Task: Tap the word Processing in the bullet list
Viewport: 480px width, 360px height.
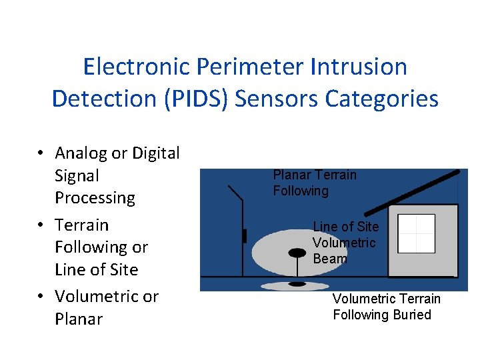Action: click(95, 198)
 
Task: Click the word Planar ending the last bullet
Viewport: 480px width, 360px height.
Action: click(79, 319)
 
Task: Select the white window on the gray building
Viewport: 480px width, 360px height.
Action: click(416, 233)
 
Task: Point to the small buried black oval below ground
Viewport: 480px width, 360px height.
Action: click(297, 284)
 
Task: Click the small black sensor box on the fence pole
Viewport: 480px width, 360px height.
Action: click(245, 235)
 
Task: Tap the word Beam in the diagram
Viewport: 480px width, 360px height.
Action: click(329, 259)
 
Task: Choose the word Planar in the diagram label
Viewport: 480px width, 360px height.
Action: click(291, 175)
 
